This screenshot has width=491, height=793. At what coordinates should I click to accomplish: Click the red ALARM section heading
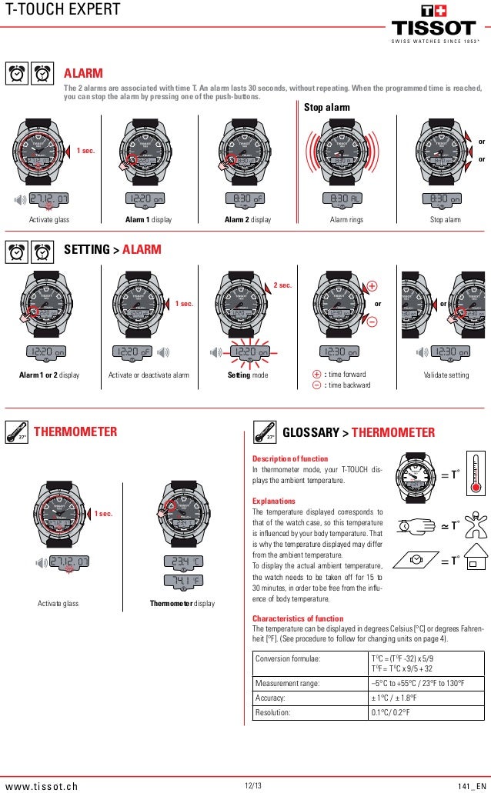tap(83, 73)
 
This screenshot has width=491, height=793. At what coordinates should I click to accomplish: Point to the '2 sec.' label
tap(283, 285)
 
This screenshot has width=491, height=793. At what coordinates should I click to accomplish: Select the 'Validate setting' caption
tap(446, 375)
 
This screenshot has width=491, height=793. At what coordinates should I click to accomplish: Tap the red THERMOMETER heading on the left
tap(75, 432)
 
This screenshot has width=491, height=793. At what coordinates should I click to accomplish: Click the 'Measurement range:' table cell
tap(289, 682)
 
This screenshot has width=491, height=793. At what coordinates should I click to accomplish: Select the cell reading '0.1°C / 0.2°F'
tap(397, 713)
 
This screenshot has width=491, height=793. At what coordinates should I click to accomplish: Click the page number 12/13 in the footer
tap(252, 785)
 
